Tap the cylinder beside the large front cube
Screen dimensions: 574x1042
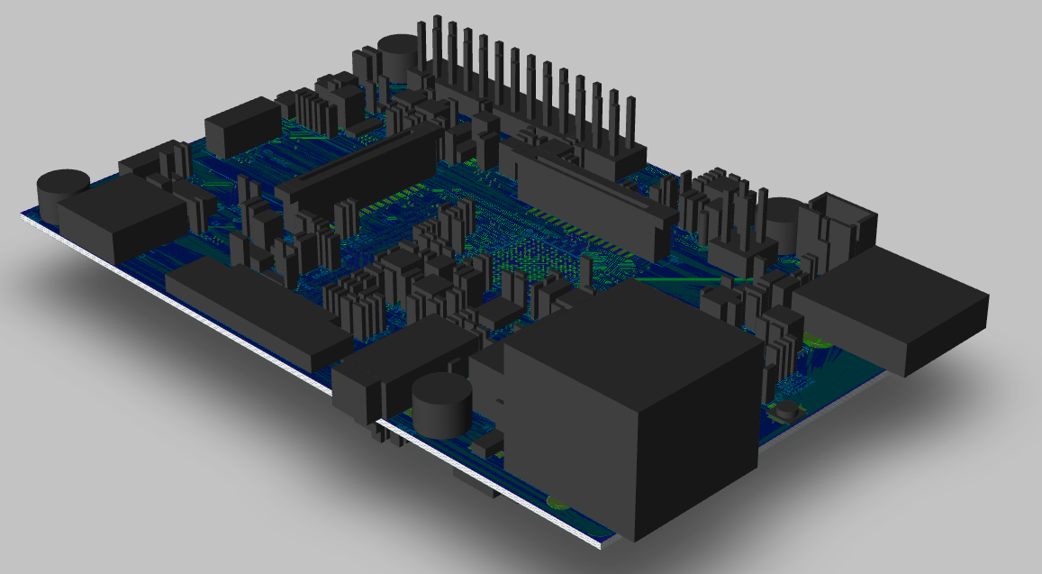click(x=442, y=406)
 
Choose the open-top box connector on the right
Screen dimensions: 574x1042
click(x=843, y=224)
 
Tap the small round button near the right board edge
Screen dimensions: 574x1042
click(x=788, y=411)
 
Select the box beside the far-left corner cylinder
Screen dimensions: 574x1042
click(x=122, y=220)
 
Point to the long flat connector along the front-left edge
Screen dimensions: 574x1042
click(x=257, y=315)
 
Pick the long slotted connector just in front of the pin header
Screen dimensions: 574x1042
click(x=585, y=198)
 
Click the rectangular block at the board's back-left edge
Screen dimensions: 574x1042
click(x=243, y=126)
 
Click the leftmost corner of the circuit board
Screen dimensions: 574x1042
click(x=21, y=215)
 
